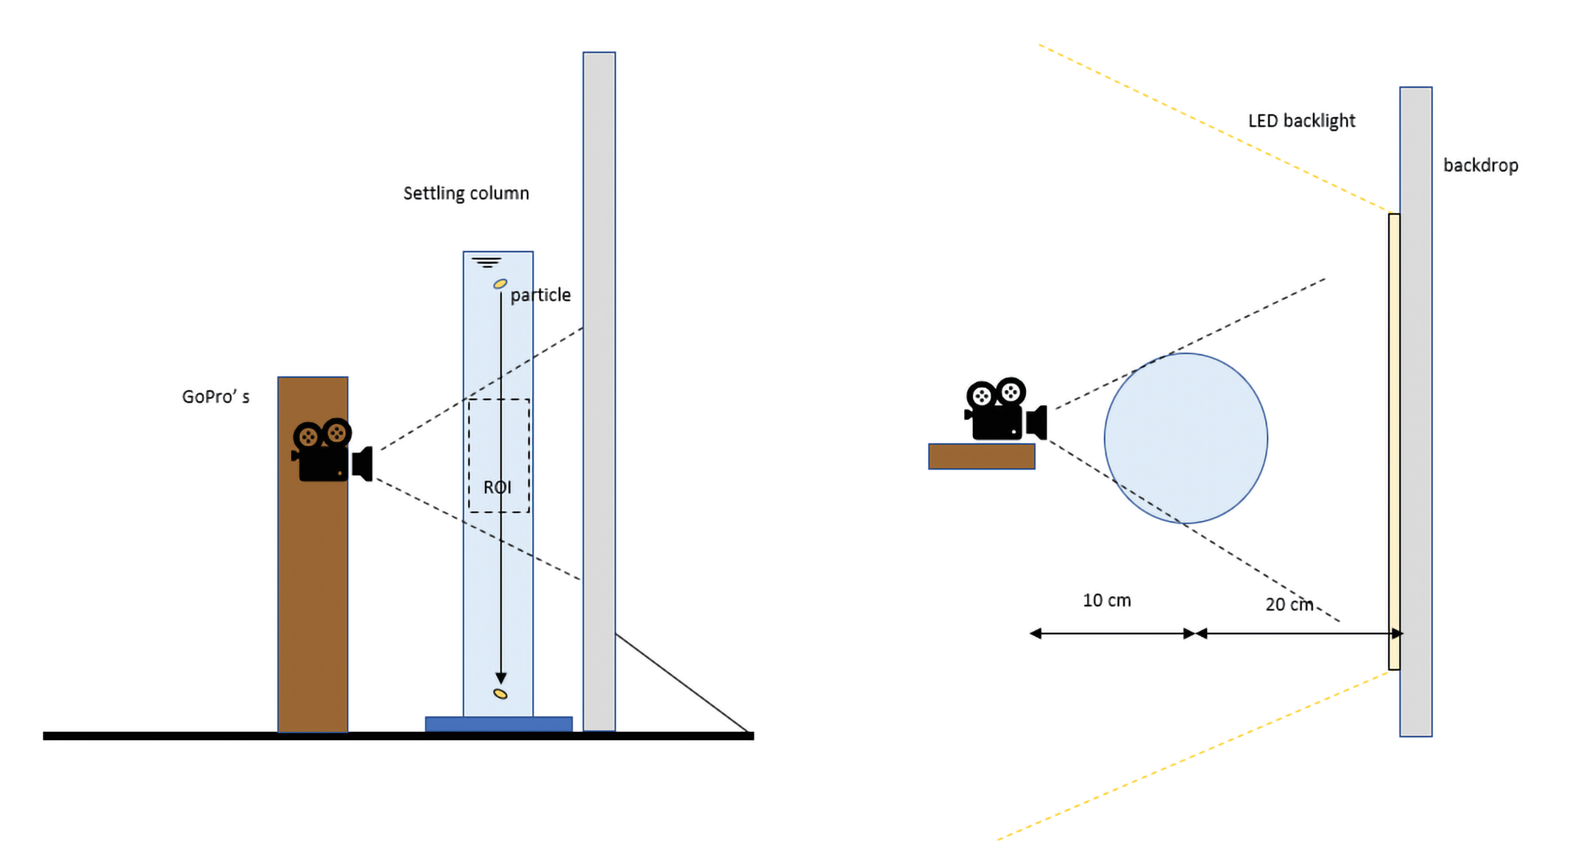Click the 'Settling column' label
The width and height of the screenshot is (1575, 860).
[x=466, y=193]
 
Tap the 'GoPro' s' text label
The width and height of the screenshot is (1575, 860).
[x=216, y=397]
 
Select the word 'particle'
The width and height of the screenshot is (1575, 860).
[x=540, y=295]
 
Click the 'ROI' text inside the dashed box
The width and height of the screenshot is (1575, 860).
[x=497, y=487]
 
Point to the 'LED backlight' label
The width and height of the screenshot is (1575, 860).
[x=1301, y=121]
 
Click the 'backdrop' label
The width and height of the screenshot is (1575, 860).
[x=1480, y=165]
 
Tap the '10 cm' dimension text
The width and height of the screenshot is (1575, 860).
[x=1107, y=600]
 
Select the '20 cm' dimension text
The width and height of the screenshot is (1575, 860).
[x=1289, y=605]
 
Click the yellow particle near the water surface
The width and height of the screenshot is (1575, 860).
[x=500, y=284]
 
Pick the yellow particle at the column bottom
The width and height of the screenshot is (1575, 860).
[x=500, y=694]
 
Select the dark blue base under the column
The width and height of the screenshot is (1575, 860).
[x=498, y=723]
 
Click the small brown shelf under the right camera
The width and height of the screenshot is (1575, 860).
[x=981, y=456]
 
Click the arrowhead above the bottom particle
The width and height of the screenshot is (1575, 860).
[x=501, y=678]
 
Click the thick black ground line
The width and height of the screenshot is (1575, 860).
[x=398, y=736]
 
